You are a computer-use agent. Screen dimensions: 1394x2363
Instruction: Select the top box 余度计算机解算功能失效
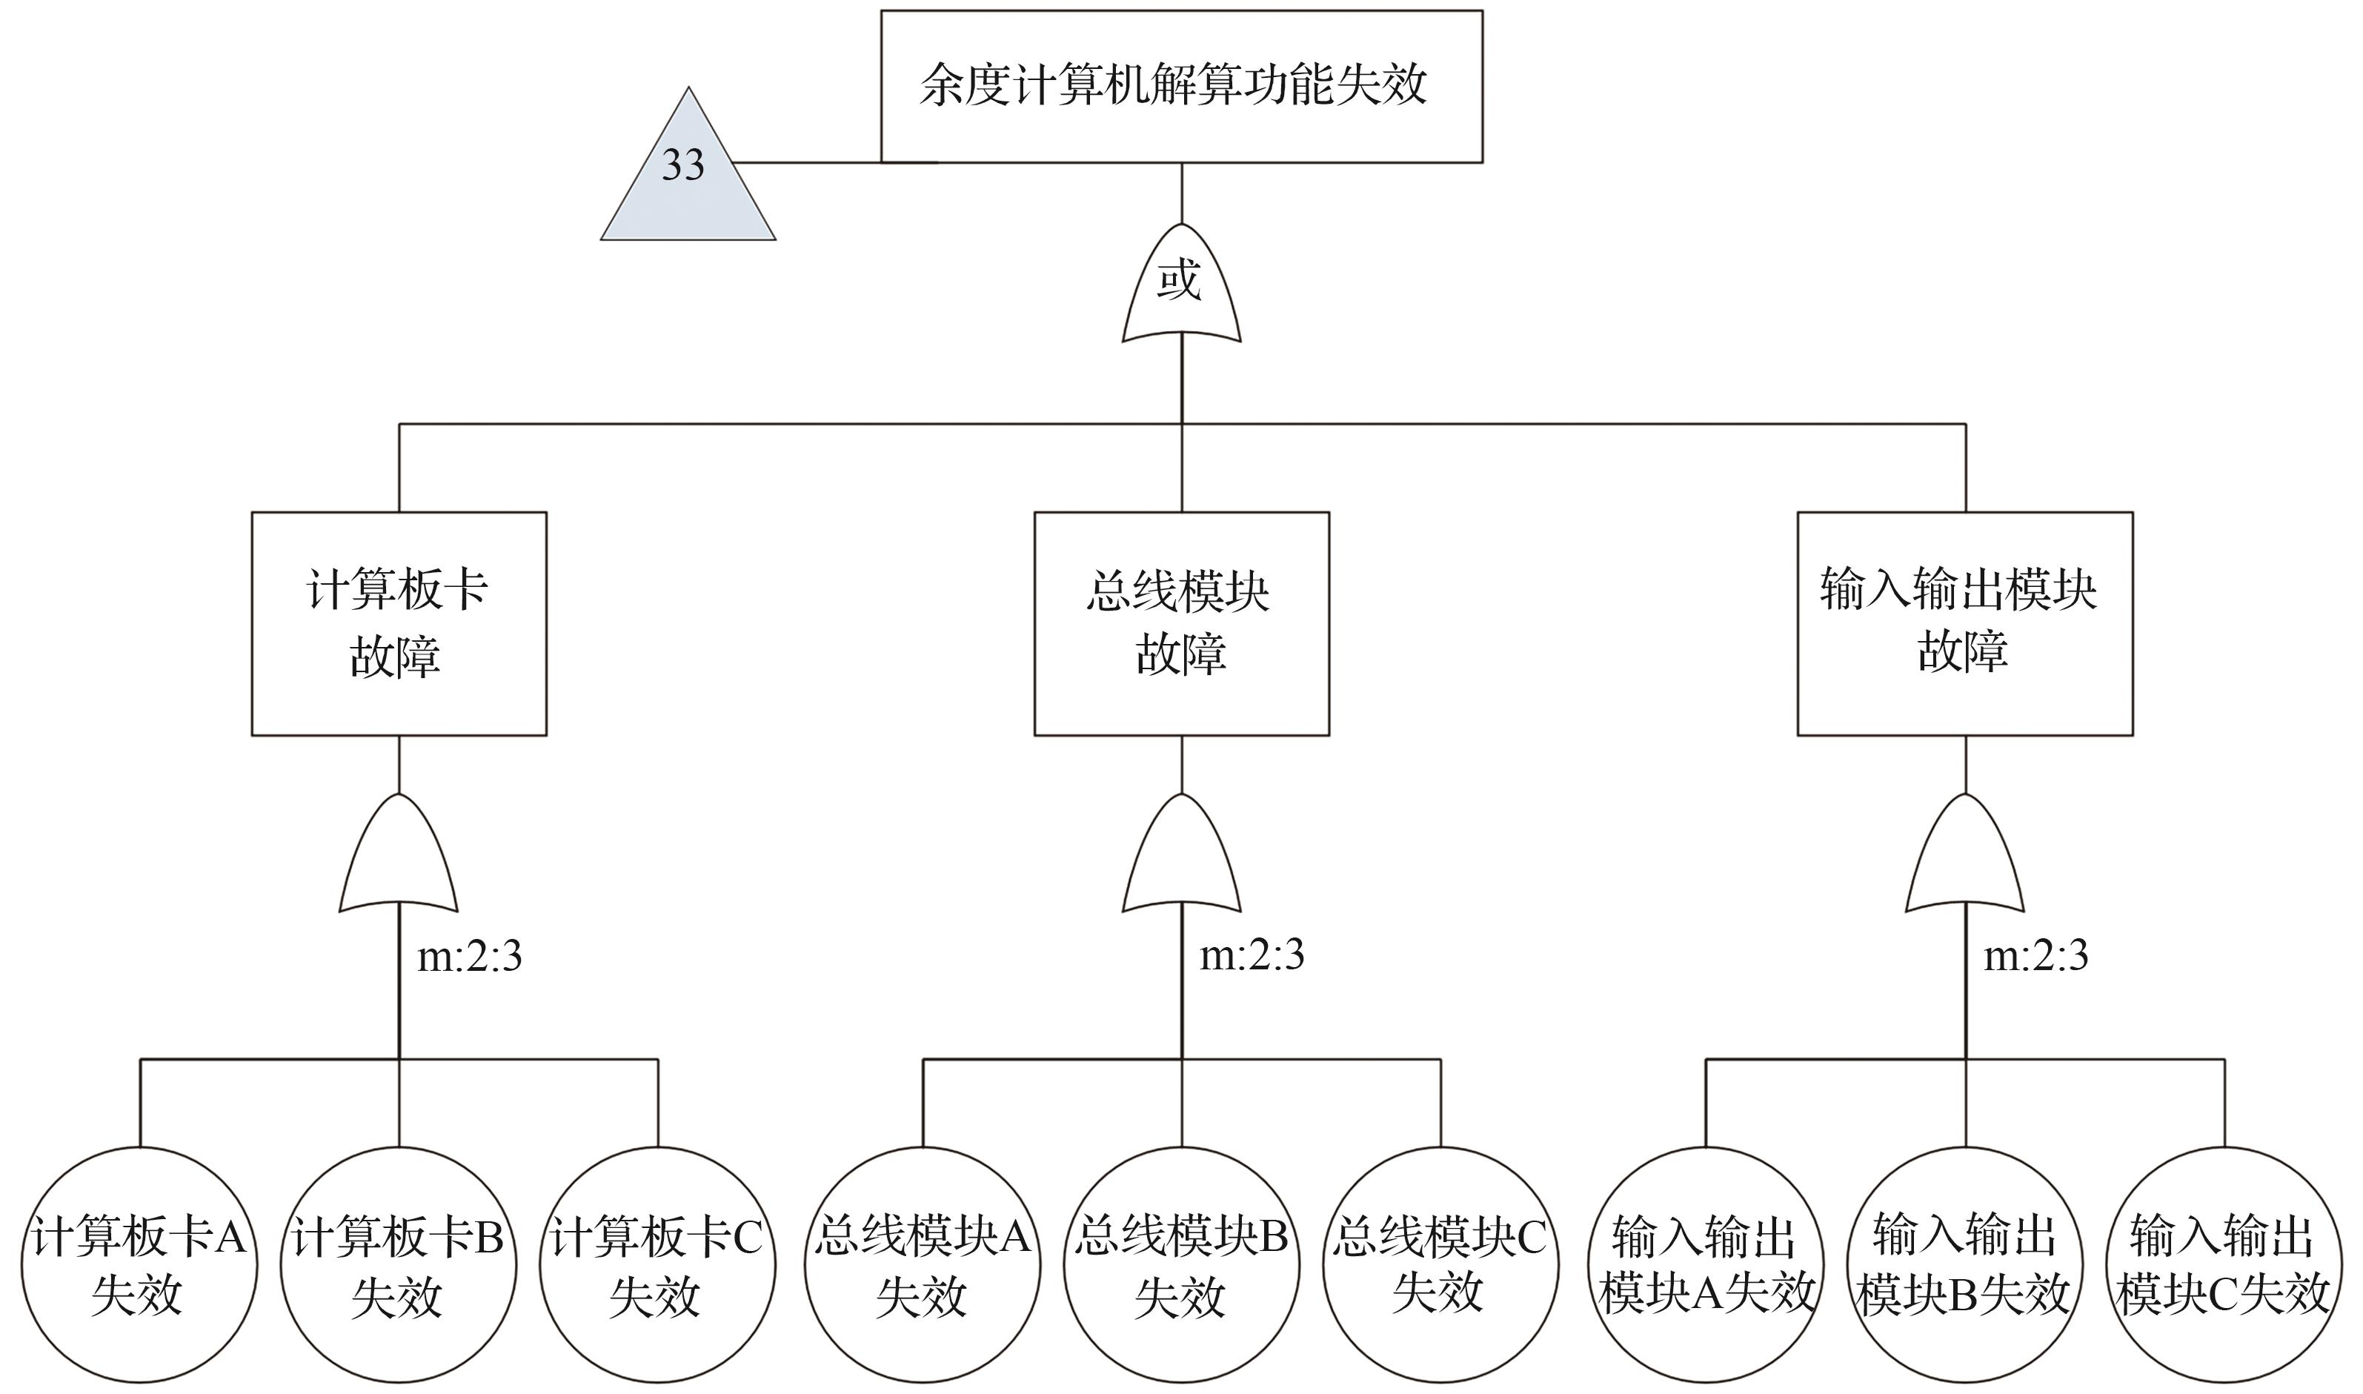pos(1180,87)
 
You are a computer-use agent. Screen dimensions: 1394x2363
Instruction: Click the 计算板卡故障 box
pos(398,623)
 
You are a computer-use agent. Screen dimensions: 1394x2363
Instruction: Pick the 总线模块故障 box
pos(1180,623)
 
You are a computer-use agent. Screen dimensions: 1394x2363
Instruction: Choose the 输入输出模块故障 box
pos(1964,623)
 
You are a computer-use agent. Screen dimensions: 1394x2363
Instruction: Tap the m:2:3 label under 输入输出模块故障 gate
pos(2035,956)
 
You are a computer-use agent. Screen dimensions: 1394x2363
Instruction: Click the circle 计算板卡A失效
pos(139,1264)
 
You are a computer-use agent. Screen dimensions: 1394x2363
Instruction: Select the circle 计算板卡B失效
pos(398,1264)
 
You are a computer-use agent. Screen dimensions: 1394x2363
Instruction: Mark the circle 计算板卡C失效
pos(657,1264)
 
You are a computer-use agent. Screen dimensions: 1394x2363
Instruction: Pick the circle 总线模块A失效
pos(923,1264)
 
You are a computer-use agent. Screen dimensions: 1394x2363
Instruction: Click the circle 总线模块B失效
pos(1180,1264)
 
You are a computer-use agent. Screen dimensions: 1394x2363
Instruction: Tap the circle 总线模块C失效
pos(1440,1264)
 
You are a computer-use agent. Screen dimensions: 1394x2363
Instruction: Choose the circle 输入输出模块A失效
pos(1706,1264)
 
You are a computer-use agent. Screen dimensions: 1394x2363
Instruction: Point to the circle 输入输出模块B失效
pos(1964,1264)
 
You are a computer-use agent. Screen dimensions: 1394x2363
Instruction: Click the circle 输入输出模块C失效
pos(2223,1264)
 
